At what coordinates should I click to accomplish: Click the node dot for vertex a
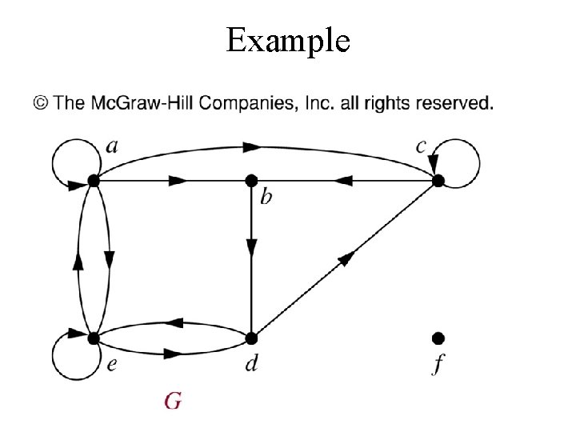[94, 181]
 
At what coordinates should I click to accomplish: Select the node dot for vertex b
[251, 181]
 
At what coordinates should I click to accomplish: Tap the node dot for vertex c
[438, 181]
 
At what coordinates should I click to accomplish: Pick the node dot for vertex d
[251, 337]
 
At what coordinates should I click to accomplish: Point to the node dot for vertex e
[94, 337]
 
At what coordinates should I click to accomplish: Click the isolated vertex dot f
[438, 337]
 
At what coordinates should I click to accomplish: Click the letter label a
[113, 147]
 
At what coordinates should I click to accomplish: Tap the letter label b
[266, 195]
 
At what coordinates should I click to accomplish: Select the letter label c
[421, 147]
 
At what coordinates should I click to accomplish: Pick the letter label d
[251, 365]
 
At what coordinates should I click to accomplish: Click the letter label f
[438, 366]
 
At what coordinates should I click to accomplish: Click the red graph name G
[173, 400]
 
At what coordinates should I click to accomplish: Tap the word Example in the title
[288, 39]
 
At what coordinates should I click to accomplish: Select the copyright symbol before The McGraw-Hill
[41, 104]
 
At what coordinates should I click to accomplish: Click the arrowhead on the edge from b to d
[251, 248]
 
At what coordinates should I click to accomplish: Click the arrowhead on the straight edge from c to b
[343, 181]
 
